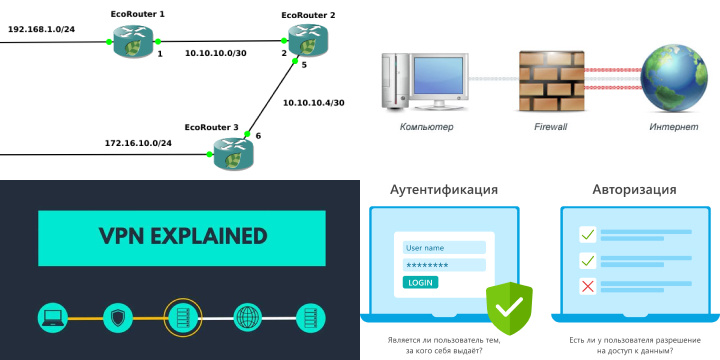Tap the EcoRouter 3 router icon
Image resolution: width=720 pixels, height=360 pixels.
click(x=233, y=152)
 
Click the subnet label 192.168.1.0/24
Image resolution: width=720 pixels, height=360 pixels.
click(x=41, y=29)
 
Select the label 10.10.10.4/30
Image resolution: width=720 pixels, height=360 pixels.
click(x=313, y=102)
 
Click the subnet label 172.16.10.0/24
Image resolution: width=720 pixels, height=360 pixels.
click(x=138, y=143)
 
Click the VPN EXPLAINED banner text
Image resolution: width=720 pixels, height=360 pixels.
click(x=182, y=237)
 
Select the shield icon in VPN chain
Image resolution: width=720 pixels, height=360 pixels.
click(x=118, y=318)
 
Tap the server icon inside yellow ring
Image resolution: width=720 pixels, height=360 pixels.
click(x=182, y=318)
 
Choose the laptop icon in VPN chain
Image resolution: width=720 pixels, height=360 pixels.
click(x=53, y=318)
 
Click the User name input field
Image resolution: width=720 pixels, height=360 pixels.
click(x=443, y=248)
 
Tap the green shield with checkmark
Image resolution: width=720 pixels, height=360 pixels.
click(x=509, y=307)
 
